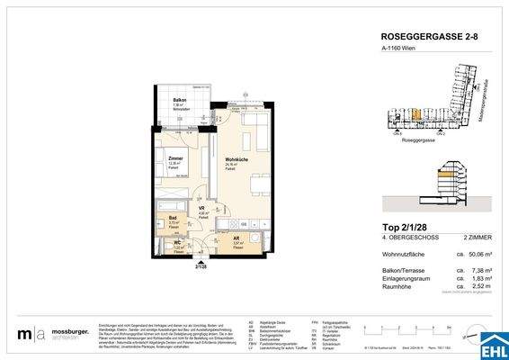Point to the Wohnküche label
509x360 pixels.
click(x=237, y=160)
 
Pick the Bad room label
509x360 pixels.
click(x=173, y=217)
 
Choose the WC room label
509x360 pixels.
click(x=176, y=241)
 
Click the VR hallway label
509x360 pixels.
click(x=202, y=210)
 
